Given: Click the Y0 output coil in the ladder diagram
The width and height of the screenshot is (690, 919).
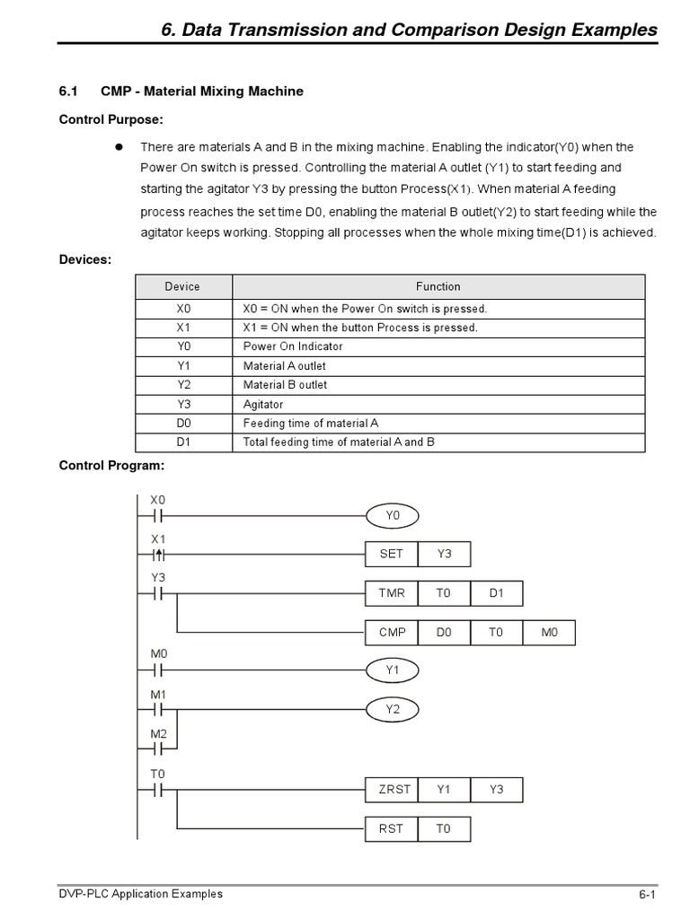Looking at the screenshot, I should tap(392, 516).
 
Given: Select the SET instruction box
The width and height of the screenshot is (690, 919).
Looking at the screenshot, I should tap(392, 555).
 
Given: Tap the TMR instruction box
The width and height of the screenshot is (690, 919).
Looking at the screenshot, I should tap(392, 593).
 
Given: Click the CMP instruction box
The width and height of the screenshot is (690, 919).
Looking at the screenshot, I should tap(392, 633).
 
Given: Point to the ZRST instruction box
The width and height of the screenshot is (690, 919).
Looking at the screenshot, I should tap(392, 790).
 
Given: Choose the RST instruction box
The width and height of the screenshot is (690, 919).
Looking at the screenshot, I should tap(392, 829).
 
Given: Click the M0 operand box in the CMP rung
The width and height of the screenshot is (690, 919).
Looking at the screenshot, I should tap(549, 633).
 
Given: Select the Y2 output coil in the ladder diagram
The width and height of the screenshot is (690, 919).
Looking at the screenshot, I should tap(392, 710).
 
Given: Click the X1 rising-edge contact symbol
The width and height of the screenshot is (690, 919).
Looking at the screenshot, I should tap(158, 555).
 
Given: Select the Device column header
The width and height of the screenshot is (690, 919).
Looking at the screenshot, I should tap(183, 287).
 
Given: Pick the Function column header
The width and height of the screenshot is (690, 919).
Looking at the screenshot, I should tap(438, 287).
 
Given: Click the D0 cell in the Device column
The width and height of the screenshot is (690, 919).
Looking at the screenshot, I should tap(183, 424).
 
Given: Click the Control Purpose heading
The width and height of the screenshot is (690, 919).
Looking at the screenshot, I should tap(111, 119).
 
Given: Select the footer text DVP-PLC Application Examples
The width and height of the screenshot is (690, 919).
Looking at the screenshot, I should tap(141, 894).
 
